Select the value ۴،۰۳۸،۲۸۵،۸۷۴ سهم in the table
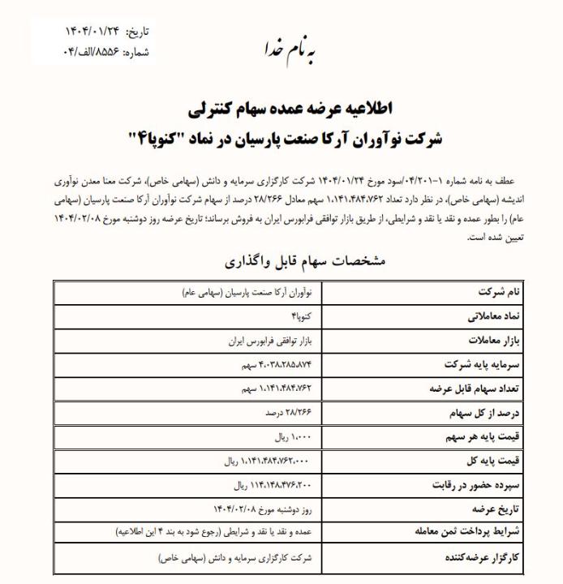click(271, 364)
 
